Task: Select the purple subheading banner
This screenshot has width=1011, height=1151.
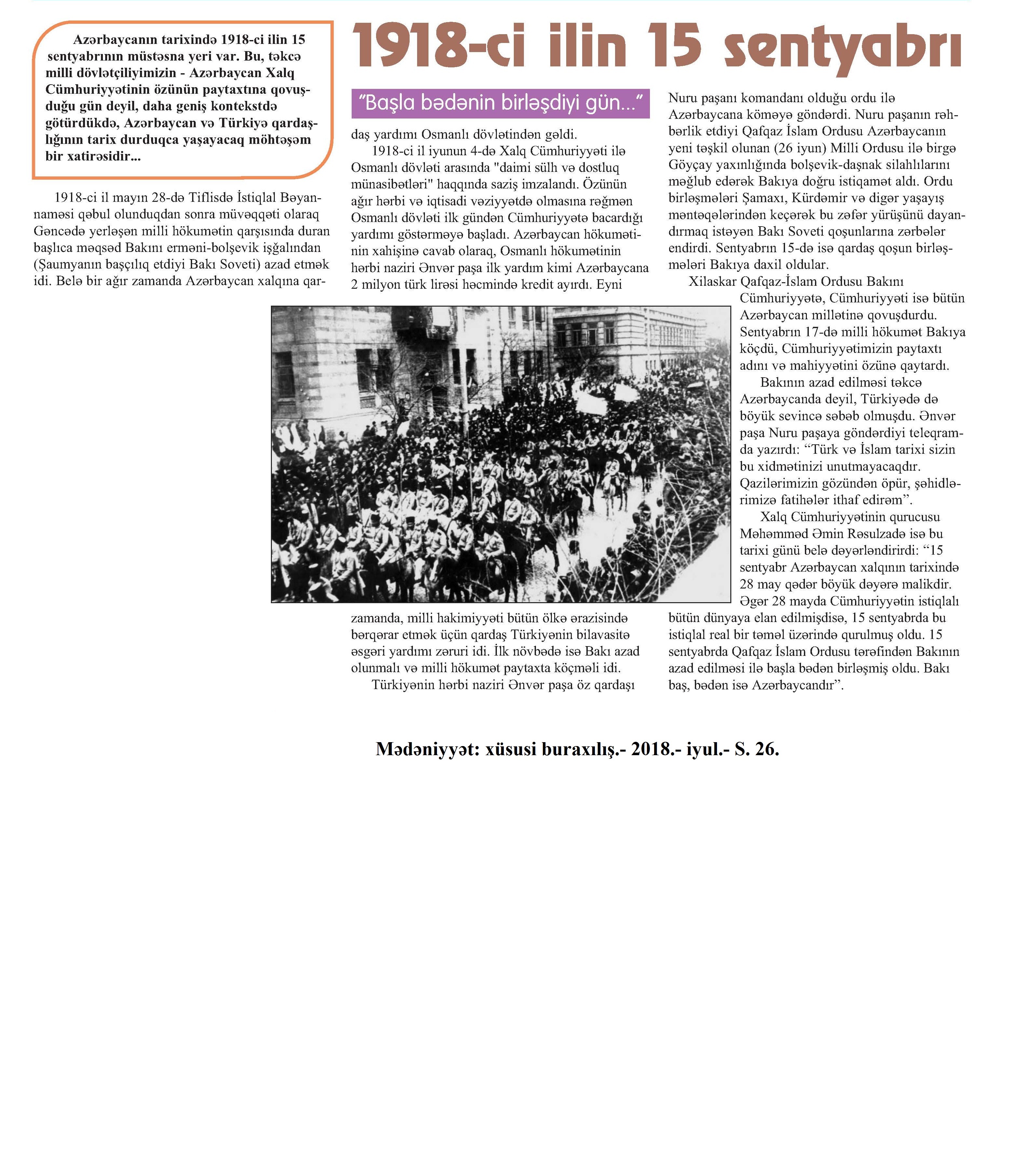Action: [500, 103]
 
